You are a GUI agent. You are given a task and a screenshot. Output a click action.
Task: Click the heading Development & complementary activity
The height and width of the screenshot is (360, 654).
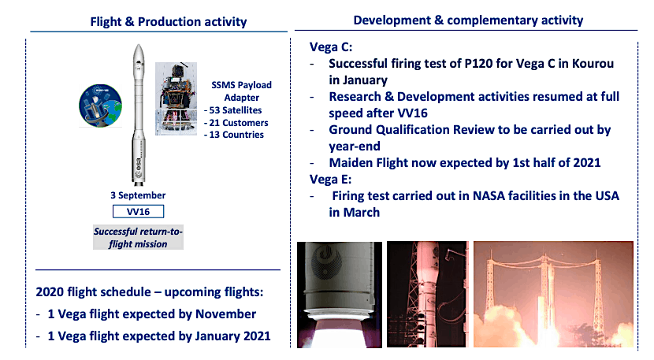(468, 20)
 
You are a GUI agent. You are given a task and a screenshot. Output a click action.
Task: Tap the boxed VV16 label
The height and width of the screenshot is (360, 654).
(139, 211)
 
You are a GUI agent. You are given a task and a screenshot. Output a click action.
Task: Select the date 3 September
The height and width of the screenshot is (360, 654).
(139, 195)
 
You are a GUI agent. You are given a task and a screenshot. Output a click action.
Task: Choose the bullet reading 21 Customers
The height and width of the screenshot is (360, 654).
(236, 122)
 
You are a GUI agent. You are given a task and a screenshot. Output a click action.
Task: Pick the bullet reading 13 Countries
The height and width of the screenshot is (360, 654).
(235, 135)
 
